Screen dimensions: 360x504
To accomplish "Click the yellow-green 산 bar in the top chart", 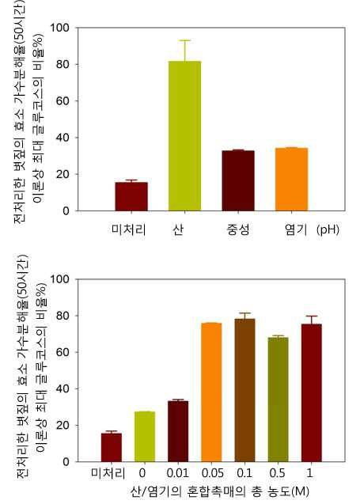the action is pos(185,135).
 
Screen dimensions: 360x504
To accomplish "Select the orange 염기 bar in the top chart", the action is pos(291,180).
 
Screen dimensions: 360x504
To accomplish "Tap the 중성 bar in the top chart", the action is pos(238,180).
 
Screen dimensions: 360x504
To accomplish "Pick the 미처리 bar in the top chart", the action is pos(131,196).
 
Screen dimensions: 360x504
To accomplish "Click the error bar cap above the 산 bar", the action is pos(185,40).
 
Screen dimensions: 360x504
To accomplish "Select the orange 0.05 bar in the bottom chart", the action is pos(211,392).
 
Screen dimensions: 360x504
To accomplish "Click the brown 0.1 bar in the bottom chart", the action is pos(245,390).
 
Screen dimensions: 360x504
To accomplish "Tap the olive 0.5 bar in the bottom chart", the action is pos(279,400).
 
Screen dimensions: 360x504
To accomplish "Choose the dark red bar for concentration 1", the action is pos(312,392).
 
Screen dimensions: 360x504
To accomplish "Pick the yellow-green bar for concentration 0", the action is pos(145,437).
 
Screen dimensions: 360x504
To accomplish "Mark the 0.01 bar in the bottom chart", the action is pos(178,431).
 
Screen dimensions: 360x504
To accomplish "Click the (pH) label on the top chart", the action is pos(328,229).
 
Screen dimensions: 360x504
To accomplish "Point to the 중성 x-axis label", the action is pos(238,229).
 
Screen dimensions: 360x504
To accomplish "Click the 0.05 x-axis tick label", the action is pos(213,473).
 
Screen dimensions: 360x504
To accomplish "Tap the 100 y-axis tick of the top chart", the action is pos(60,28).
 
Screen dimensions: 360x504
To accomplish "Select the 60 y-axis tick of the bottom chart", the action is pos(63,352).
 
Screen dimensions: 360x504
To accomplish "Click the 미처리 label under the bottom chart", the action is pos(108,473).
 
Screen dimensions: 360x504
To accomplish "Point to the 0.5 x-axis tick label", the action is pos(278,473).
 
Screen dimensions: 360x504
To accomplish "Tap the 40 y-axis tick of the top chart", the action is pos(63,138).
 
